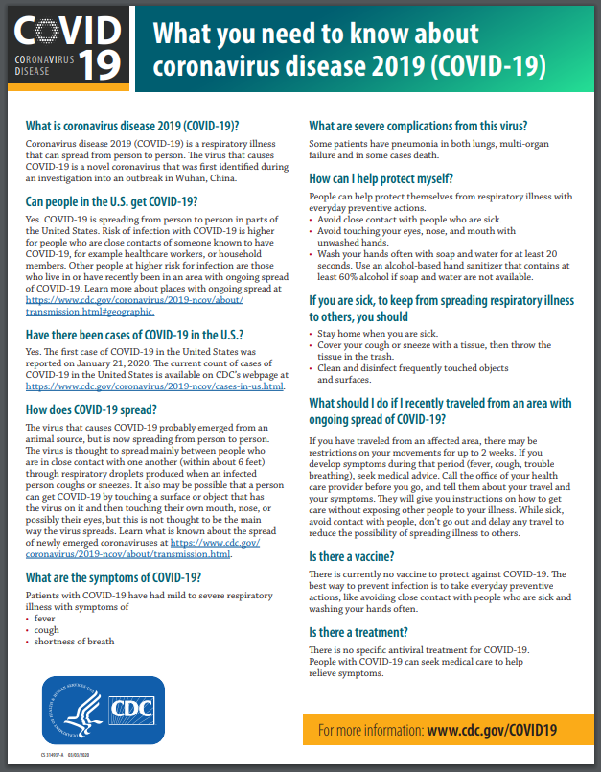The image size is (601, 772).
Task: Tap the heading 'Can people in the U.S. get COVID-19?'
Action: (111, 201)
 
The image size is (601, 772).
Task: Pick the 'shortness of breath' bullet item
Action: (74, 641)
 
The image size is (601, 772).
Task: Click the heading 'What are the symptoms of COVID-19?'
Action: (113, 577)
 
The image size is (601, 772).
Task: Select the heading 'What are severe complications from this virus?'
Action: (418, 126)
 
